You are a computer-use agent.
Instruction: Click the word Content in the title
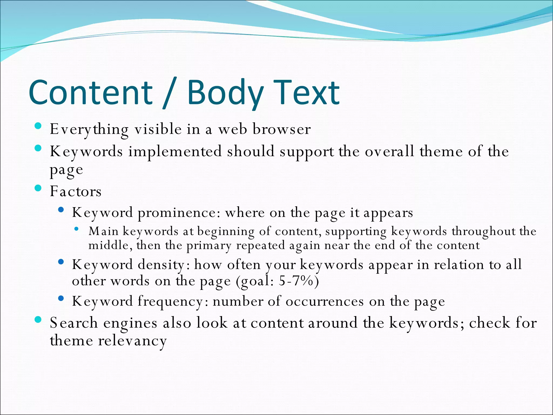[x=90, y=92]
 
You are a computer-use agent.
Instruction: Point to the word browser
[x=281, y=129]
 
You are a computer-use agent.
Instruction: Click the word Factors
[x=76, y=192]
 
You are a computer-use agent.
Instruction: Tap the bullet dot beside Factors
[x=38, y=188]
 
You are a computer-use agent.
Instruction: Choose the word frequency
[x=173, y=302]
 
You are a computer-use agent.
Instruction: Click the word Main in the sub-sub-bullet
[x=104, y=231]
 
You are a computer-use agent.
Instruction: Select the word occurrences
[x=325, y=302]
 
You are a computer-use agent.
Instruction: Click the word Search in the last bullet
[x=73, y=323]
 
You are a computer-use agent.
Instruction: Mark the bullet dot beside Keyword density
[x=61, y=262]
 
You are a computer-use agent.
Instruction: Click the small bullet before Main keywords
[x=76, y=229]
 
